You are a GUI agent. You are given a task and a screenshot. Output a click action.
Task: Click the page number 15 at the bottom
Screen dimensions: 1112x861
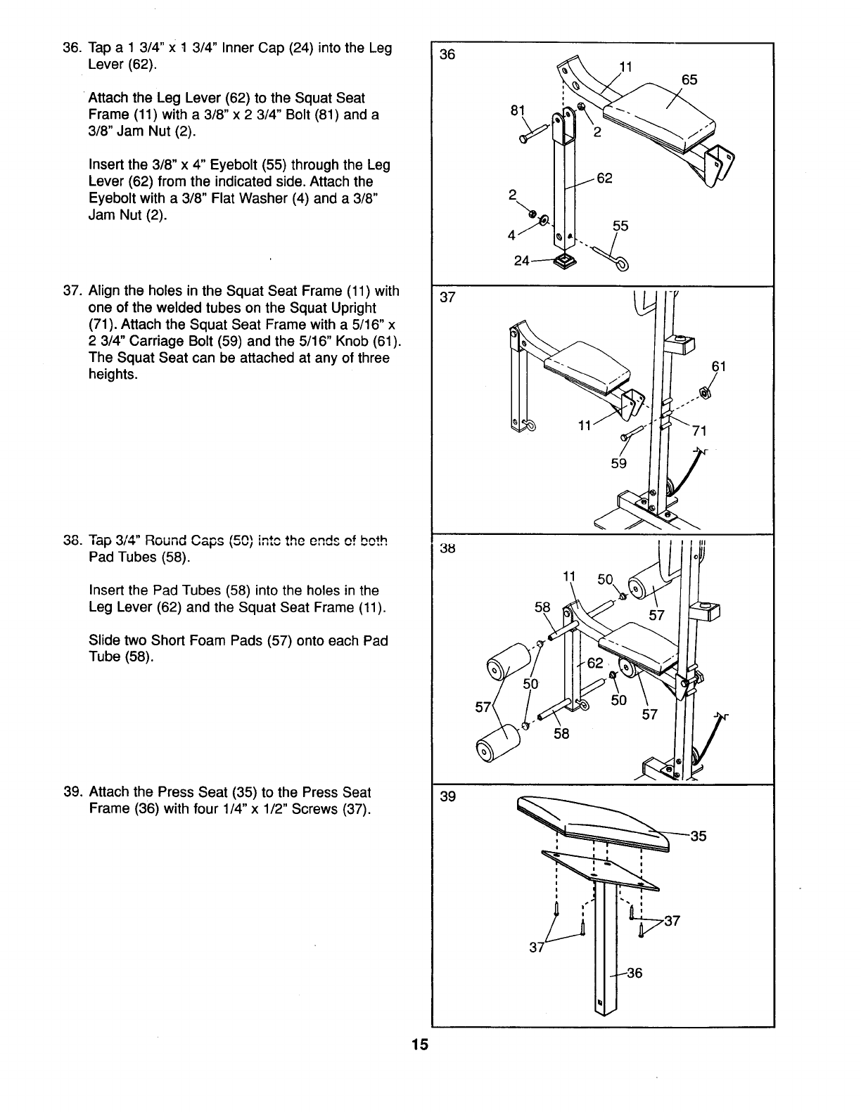420,1045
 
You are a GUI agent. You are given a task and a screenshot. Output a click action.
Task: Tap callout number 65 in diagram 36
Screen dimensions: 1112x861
689,80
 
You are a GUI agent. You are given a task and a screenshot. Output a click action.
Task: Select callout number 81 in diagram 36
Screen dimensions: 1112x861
518,111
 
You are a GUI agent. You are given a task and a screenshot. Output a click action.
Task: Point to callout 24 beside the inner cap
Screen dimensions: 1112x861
522,261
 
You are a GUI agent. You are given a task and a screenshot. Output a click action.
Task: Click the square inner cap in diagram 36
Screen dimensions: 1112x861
564,262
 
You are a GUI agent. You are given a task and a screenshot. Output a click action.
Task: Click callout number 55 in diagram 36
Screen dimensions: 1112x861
620,226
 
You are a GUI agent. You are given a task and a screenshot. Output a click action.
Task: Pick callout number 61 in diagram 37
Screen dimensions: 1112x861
718,366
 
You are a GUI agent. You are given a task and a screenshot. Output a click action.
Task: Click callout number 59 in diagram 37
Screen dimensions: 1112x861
618,464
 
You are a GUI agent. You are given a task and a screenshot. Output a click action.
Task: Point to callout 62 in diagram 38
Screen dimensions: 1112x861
595,663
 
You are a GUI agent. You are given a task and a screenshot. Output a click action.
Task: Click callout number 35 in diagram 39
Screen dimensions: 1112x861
698,836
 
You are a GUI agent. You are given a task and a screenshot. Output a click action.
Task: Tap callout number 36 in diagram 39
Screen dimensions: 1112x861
634,973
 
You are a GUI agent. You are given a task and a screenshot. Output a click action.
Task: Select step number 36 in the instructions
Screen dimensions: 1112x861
72,49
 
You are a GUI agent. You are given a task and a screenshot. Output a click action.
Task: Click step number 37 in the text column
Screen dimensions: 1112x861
72,291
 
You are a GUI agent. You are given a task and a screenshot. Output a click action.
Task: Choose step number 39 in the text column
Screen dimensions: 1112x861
72,792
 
